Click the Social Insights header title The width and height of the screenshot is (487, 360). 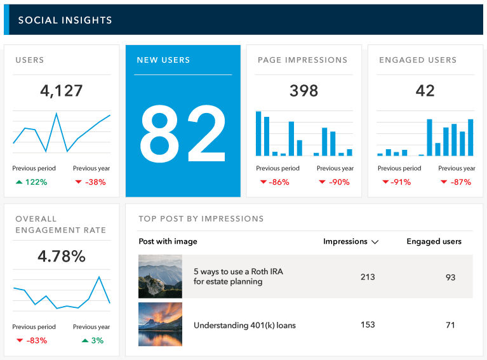tap(65, 20)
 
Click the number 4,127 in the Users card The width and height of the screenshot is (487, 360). tap(61, 91)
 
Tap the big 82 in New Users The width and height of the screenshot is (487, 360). tap(183, 133)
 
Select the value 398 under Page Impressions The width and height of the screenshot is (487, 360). tap(304, 91)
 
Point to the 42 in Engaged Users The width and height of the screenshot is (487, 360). tap(425, 91)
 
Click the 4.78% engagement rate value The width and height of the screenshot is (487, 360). tap(61, 257)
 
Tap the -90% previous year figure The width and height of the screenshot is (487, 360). tap(337, 182)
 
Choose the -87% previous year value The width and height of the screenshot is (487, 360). tap(459, 182)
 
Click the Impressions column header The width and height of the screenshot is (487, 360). tap(345, 241)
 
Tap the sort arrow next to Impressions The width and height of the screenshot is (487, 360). tap(375, 242)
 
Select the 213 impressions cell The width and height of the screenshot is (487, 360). tap(367, 277)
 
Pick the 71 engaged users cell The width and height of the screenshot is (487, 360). tap(450, 325)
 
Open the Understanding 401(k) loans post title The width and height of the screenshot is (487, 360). tap(244, 325)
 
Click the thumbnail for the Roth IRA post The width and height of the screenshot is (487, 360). tap(160, 277)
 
